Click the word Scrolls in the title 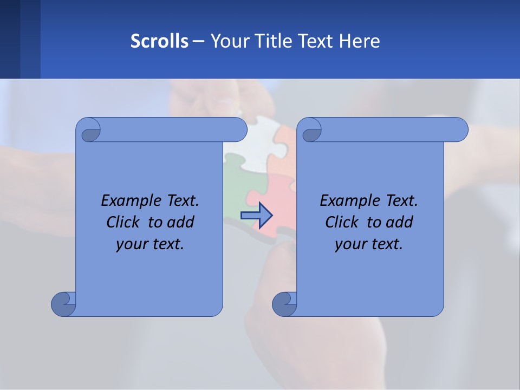click(159, 41)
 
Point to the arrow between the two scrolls click(256, 216)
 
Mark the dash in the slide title click(198, 41)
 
